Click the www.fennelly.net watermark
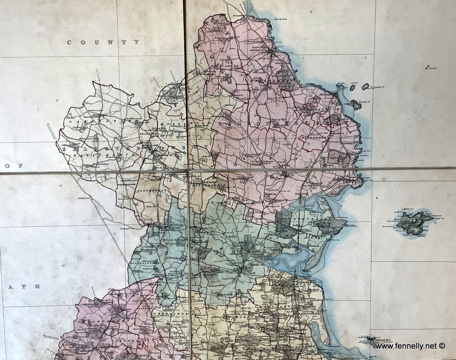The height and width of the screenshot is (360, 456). [409, 346]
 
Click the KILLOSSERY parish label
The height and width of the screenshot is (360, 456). [175, 240]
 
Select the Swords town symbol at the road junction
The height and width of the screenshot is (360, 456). [242, 271]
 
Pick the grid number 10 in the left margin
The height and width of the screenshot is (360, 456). [63, 266]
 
